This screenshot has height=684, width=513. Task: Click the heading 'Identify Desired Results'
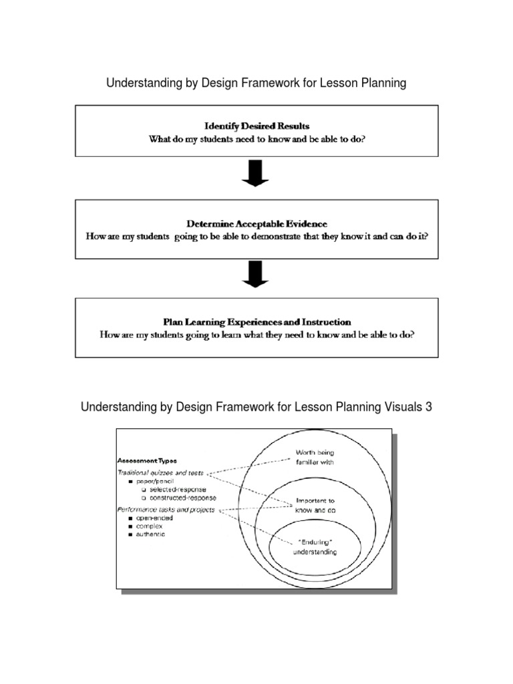(x=256, y=126)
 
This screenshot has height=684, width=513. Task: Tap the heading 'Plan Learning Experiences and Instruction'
(x=256, y=322)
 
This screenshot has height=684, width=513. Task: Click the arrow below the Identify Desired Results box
(x=256, y=174)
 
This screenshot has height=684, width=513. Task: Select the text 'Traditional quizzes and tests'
(x=160, y=473)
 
